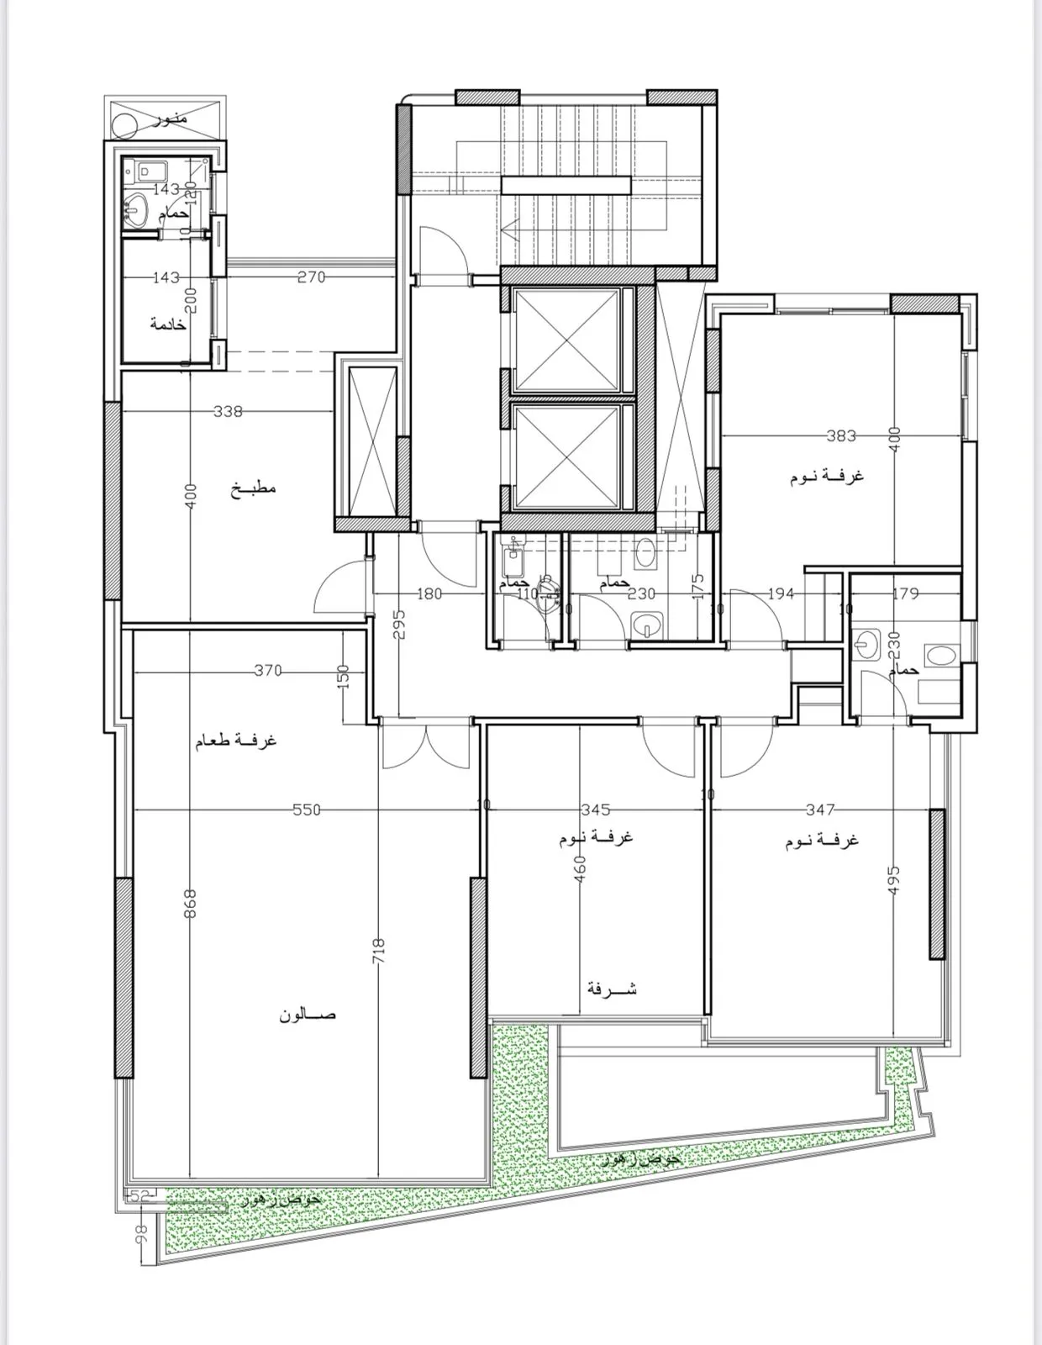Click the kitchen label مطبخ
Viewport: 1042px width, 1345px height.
(254, 488)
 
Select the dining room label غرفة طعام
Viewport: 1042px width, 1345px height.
(236, 741)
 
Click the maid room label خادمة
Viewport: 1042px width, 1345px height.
(167, 324)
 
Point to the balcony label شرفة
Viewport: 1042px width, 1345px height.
(611, 989)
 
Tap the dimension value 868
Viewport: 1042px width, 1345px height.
(190, 905)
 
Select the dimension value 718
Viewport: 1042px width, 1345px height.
(378, 951)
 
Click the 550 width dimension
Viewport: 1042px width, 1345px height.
(306, 810)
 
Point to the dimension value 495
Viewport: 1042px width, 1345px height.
(893, 882)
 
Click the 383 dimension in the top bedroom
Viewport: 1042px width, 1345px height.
(840, 435)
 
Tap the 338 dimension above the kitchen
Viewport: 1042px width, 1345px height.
(228, 411)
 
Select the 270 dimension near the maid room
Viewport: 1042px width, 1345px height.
(310, 277)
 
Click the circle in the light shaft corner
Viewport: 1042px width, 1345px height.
(125, 126)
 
